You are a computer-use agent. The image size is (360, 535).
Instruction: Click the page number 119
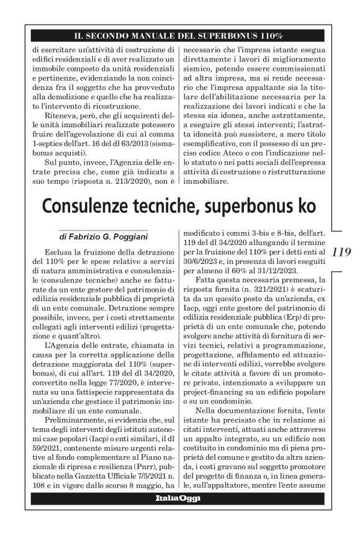[342, 252]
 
